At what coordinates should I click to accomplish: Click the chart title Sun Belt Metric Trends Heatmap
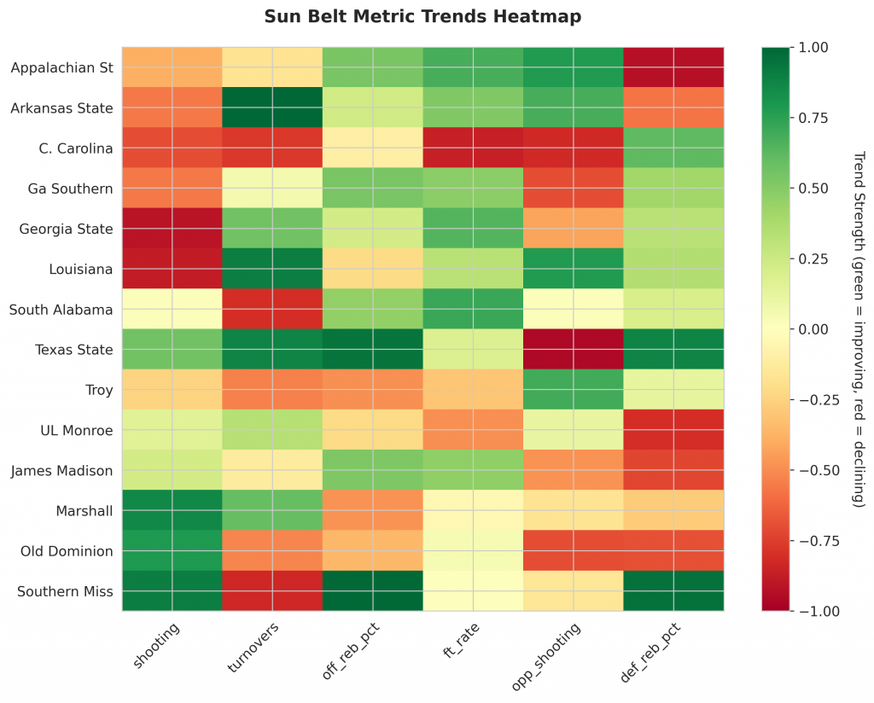pyautogui.click(x=423, y=16)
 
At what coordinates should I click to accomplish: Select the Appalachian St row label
pyautogui.click(x=62, y=67)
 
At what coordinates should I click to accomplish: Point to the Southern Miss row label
pyautogui.click(x=67, y=591)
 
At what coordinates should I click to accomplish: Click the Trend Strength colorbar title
pyautogui.click(x=859, y=329)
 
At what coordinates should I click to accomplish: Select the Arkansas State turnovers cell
pyautogui.click(x=272, y=107)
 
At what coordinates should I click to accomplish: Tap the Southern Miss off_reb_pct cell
pyautogui.click(x=372, y=591)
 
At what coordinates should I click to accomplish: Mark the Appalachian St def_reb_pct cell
pyautogui.click(x=673, y=67)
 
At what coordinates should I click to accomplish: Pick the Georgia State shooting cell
pyautogui.click(x=172, y=228)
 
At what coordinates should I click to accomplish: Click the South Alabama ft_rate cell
pyautogui.click(x=473, y=309)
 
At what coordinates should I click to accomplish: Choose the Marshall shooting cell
pyautogui.click(x=172, y=510)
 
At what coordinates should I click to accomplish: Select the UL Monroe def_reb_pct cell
pyautogui.click(x=673, y=430)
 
